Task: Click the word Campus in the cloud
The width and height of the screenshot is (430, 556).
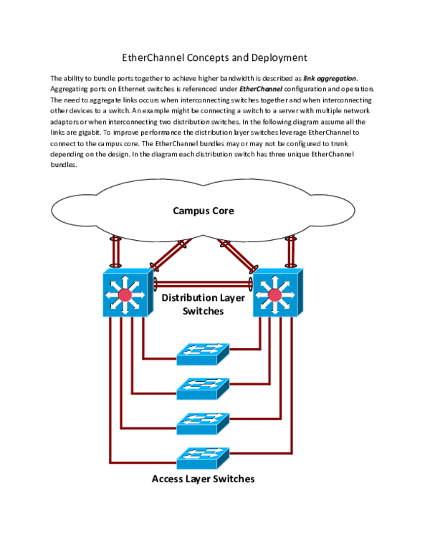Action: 189,211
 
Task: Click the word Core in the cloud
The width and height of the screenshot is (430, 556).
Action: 221,211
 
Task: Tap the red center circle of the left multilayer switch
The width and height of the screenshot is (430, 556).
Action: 125,295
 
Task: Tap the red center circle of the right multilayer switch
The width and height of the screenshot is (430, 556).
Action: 274,295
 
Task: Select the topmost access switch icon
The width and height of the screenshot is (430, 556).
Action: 202,354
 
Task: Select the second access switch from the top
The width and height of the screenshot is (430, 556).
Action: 202,388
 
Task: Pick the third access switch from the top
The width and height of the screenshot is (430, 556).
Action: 202,423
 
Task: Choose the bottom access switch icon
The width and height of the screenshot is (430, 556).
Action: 202,458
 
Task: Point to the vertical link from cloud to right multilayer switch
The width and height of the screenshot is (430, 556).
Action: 291,252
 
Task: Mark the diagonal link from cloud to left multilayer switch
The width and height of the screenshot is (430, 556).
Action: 169,254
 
